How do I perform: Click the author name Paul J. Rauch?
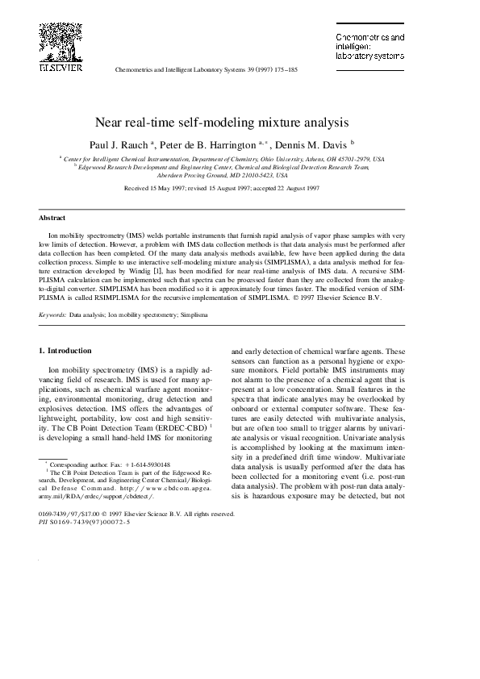tap(136, 143)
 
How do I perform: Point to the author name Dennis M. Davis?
tap(313, 143)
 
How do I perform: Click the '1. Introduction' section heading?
tap(65, 350)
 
